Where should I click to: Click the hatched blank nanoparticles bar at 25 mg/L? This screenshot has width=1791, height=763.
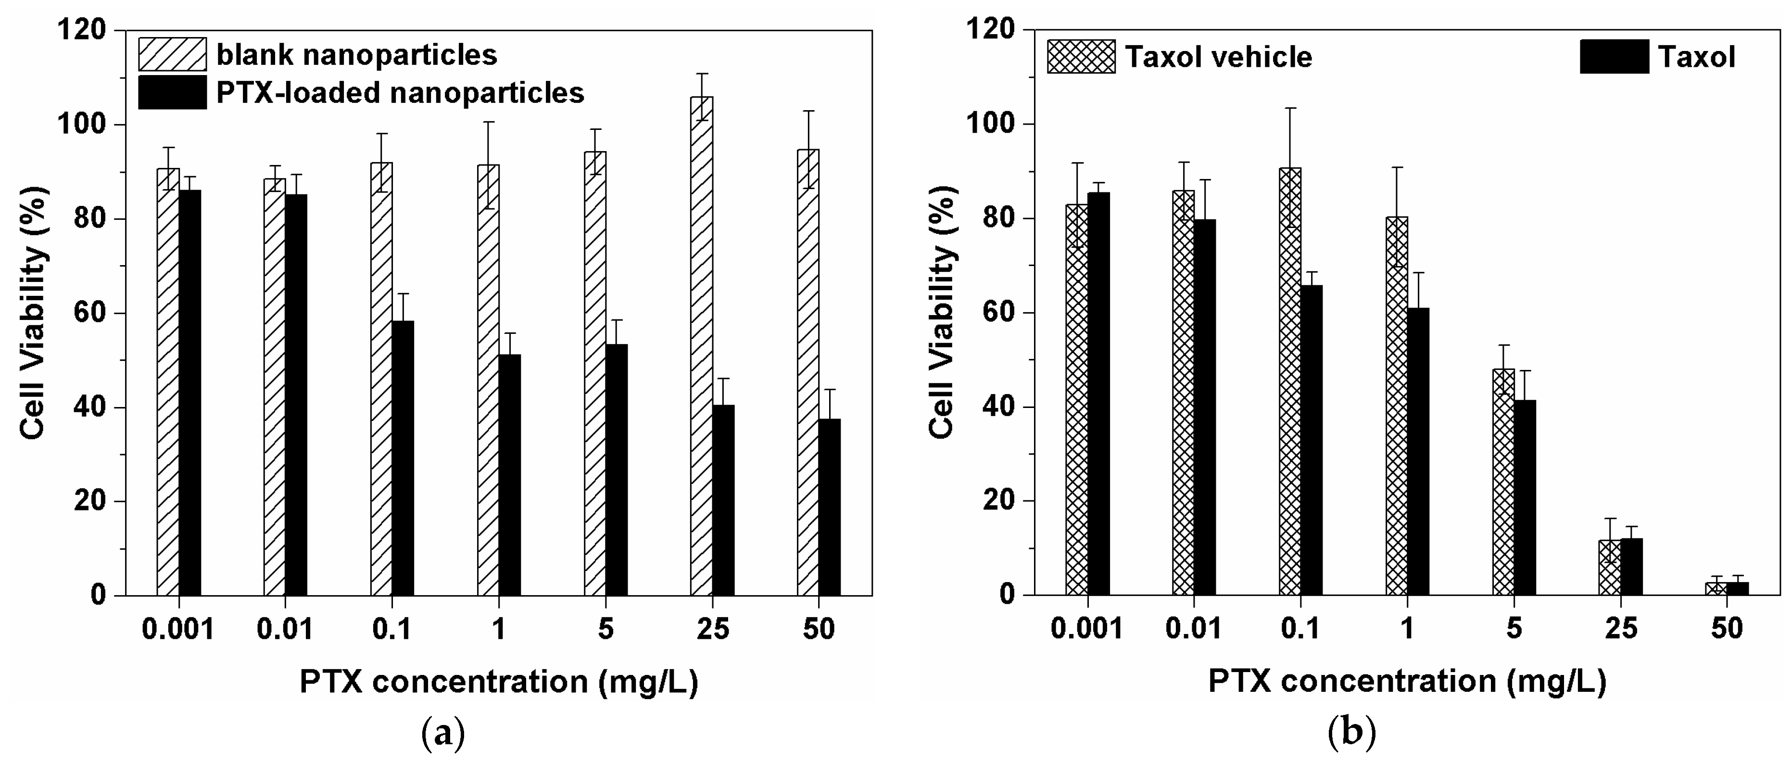[702, 348]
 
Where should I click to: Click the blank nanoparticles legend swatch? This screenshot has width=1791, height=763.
[172, 54]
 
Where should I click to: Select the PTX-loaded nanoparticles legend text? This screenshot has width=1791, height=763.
[400, 92]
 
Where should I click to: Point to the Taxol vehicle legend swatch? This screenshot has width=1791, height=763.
[1081, 56]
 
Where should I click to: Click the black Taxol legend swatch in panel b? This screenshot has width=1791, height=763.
[1614, 56]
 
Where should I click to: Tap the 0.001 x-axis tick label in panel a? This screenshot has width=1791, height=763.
[178, 629]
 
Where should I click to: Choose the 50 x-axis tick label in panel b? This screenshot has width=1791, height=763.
[1727, 629]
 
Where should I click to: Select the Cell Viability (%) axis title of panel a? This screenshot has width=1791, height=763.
[33, 313]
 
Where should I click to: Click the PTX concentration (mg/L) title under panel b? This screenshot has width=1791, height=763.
[1407, 681]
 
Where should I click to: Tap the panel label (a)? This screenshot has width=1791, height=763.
[443, 733]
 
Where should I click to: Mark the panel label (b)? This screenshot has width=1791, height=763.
[1351, 733]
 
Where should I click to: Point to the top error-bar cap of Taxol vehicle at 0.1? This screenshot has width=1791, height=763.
[1290, 108]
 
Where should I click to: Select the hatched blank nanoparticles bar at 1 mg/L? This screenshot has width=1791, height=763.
[488, 380]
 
